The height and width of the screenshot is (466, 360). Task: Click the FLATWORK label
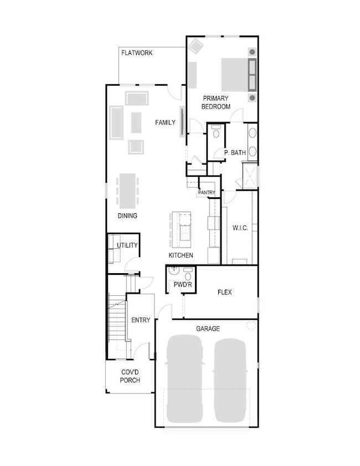[x=137, y=53]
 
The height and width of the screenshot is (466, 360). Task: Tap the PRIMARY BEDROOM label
[x=215, y=103]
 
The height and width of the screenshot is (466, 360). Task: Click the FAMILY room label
[x=165, y=122]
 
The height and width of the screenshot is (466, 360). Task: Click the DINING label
[x=127, y=216]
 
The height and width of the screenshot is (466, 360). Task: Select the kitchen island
[x=182, y=229]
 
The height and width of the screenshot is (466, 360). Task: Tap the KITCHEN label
[x=181, y=255]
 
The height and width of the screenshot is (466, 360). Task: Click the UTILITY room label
[x=127, y=245]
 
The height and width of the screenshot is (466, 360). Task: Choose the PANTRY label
[x=206, y=193]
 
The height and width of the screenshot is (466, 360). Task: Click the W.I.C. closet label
[x=240, y=228]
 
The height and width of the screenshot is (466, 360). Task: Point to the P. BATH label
[x=235, y=152]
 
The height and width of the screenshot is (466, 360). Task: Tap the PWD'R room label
[x=182, y=285]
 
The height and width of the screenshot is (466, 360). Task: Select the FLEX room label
[x=224, y=292]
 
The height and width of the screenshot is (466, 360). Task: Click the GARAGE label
[x=208, y=329]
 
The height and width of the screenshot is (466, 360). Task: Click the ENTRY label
[x=141, y=320]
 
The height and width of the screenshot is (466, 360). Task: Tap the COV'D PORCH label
[x=130, y=376]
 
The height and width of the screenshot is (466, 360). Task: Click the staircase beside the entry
[x=117, y=321]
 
